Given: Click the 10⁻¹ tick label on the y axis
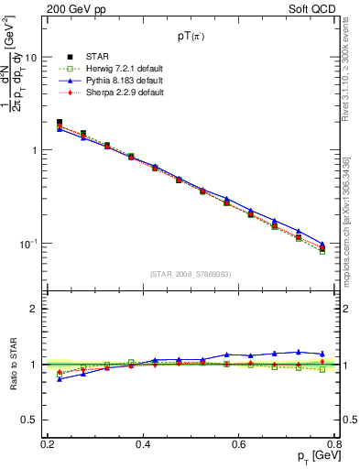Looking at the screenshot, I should (x=27, y=244).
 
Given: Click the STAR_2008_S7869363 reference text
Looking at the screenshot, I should (x=191, y=274).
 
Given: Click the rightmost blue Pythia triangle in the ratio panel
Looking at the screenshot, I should (x=322, y=354).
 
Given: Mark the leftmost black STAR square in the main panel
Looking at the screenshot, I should (x=60, y=122).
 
